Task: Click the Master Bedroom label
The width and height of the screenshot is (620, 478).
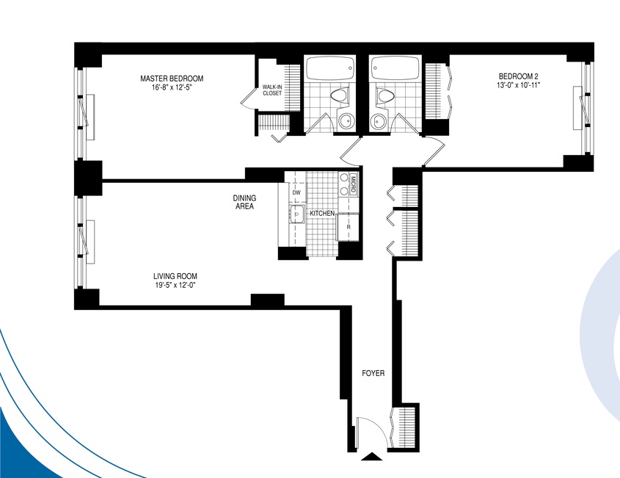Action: tap(172, 79)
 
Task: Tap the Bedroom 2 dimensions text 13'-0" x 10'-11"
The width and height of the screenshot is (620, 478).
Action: tap(519, 84)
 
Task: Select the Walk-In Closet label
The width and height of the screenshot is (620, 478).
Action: tap(272, 90)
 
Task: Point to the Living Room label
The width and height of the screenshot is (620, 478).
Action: tap(175, 276)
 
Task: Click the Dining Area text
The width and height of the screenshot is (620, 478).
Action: tap(244, 202)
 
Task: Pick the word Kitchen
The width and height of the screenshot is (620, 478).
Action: tap(322, 213)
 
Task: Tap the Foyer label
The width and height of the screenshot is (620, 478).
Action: tap(373, 373)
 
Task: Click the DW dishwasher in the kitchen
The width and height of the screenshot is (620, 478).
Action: tap(296, 192)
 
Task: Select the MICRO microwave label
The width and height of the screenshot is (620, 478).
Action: tap(353, 184)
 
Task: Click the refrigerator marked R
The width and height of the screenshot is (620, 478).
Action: tap(348, 227)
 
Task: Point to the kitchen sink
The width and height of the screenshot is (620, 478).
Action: tap(296, 215)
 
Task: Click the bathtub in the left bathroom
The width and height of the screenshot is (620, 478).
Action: tap(330, 69)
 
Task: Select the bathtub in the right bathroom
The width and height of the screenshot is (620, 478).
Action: tap(395, 69)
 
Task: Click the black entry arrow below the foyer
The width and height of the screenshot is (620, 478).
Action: tap(372, 457)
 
